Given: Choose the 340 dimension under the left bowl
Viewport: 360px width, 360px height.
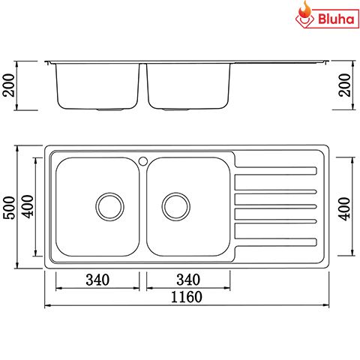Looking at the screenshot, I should (x=97, y=280).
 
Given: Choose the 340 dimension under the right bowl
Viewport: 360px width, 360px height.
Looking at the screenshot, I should (x=187, y=280).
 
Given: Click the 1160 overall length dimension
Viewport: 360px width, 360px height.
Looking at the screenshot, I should (x=187, y=296).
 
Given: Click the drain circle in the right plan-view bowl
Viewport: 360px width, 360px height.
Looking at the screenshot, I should (x=176, y=205).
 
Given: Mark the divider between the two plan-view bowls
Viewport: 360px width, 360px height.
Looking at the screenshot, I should (x=142, y=206).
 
